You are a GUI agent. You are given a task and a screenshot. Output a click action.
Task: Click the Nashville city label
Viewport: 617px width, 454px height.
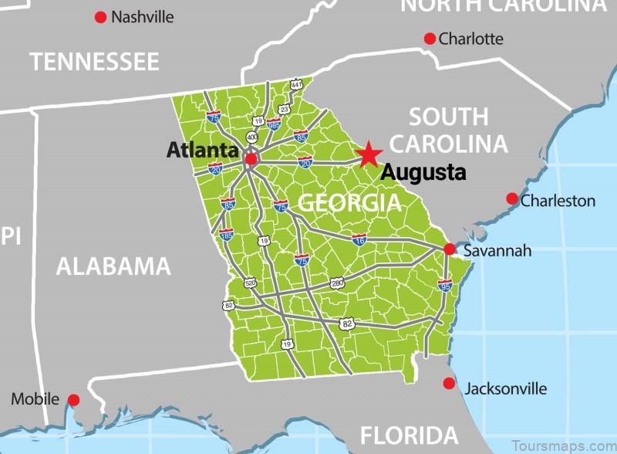click(143, 16)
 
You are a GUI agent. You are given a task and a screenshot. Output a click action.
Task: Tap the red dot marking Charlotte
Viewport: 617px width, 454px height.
click(430, 39)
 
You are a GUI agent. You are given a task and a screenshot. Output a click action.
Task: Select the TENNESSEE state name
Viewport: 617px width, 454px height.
click(94, 62)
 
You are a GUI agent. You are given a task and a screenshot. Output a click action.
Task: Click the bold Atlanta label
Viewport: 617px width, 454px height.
click(203, 150)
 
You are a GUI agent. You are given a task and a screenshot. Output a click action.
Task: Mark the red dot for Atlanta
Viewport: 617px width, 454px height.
click(250, 159)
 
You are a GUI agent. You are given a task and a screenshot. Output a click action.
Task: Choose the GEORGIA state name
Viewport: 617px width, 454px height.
click(349, 203)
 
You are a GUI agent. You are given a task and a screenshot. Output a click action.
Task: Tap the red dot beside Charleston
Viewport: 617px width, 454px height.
click(511, 198)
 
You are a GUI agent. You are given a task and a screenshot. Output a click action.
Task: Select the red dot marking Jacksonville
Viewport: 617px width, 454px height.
click(449, 383)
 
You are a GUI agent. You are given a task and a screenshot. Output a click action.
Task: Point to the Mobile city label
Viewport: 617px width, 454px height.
click(34, 399)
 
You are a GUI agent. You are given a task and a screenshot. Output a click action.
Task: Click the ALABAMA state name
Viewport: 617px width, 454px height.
click(113, 266)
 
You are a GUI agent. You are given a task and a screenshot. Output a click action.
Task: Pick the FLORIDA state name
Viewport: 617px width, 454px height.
click(409, 434)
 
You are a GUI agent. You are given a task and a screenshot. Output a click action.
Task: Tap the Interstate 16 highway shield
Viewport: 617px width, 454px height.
click(359, 239)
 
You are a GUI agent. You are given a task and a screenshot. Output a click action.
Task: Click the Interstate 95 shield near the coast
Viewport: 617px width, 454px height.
click(445, 285)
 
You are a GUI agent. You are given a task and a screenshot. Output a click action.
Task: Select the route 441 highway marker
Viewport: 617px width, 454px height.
click(296, 83)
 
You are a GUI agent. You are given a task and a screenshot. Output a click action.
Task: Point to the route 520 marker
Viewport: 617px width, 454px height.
click(250, 283)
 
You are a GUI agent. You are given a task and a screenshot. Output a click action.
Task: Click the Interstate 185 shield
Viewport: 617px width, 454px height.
click(226, 233)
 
